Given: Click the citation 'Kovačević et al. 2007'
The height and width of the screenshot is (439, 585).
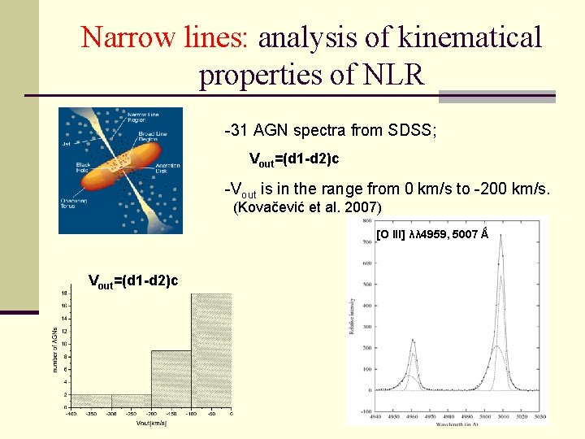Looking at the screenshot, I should [x=307, y=208].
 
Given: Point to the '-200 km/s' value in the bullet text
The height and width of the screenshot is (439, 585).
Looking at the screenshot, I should [x=515, y=189].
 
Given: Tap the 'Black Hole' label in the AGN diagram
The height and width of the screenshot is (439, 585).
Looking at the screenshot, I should [x=76, y=167].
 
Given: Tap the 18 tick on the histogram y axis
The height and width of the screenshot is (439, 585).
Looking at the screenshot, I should [x=64, y=293].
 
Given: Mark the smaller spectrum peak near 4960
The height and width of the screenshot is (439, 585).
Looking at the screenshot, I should [x=413, y=341].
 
